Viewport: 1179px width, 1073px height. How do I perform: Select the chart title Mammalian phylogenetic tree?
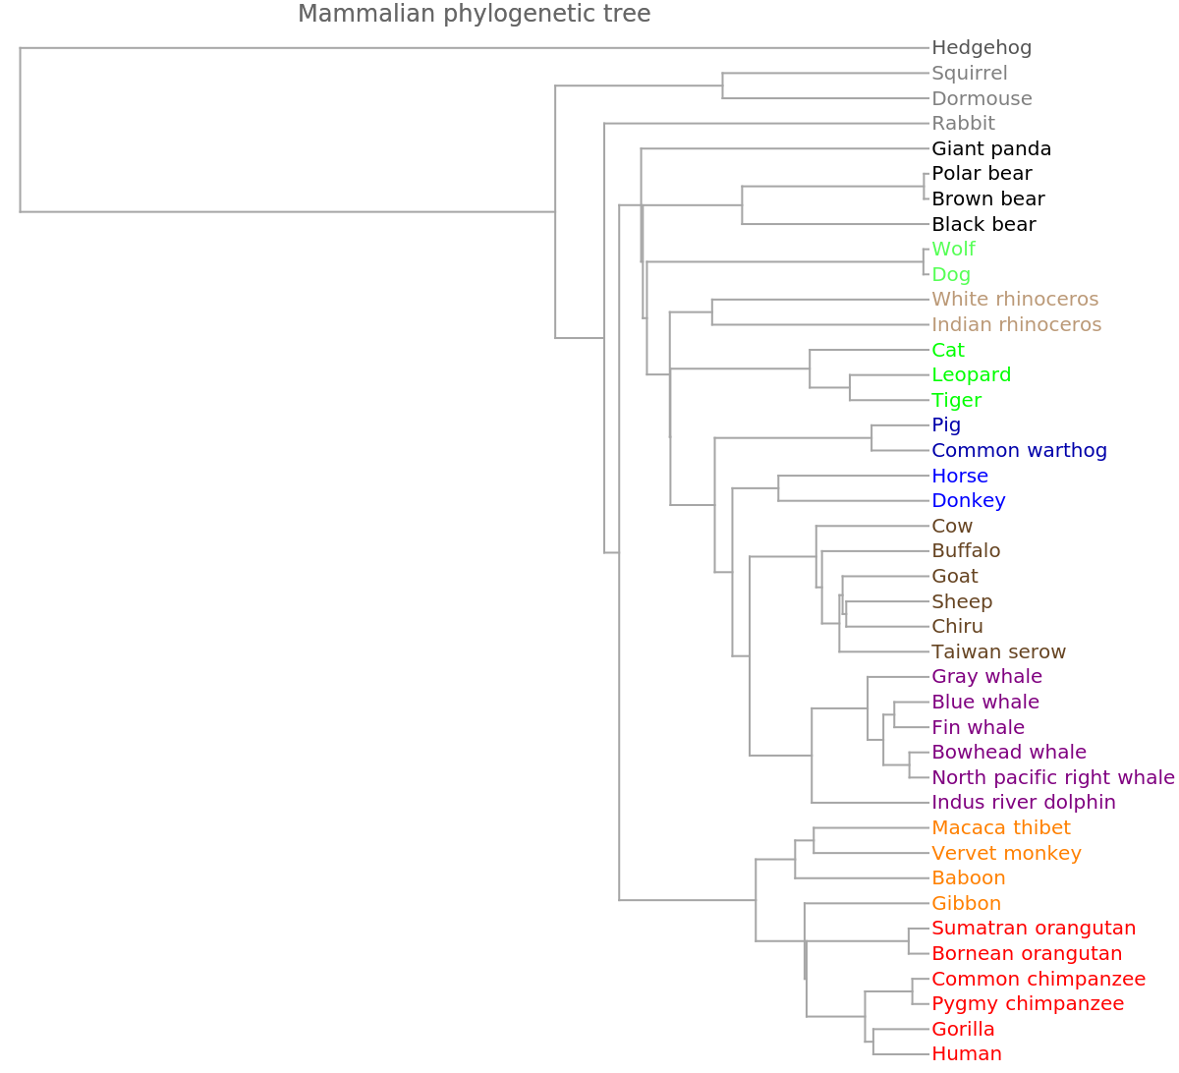click(x=474, y=14)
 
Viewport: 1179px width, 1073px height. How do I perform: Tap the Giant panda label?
click(x=991, y=149)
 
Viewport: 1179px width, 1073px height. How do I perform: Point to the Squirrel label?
click(x=969, y=73)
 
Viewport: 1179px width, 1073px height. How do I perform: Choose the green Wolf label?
click(x=953, y=250)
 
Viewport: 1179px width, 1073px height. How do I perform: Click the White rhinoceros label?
click(x=1015, y=299)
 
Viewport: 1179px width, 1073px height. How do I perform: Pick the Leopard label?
click(x=971, y=374)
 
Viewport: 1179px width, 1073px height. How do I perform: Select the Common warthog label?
click(x=1019, y=451)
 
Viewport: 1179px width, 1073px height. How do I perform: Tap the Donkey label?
click(x=968, y=501)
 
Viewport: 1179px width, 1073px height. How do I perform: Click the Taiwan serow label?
click(x=998, y=651)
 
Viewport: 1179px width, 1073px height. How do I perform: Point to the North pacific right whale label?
click(x=1052, y=778)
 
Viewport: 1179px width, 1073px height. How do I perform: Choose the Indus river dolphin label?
click(x=1023, y=803)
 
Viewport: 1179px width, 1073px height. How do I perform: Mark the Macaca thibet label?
click(x=1000, y=828)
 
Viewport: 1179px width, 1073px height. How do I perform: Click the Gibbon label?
click(x=966, y=903)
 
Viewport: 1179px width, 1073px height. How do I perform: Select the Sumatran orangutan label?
click(x=1034, y=929)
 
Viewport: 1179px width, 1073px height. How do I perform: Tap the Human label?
click(x=966, y=1054)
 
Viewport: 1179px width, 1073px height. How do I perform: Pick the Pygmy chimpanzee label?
click(x=1027, y=1004)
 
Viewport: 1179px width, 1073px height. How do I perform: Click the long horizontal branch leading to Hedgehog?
click(x=472, y=47)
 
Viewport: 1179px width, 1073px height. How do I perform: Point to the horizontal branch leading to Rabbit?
click(x=766, y=124)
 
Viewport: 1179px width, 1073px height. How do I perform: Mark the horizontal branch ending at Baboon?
click(x=862, y=877)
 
